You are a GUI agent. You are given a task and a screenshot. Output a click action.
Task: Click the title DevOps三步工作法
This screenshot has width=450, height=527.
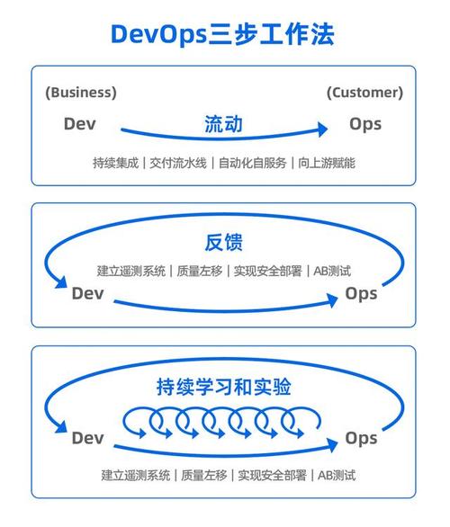222,34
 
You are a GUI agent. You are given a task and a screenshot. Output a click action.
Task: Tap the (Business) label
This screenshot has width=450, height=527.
81,93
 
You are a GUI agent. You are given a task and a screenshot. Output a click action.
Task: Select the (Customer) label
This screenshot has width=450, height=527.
364,93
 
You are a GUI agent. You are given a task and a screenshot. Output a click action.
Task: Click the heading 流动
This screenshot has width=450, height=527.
224,124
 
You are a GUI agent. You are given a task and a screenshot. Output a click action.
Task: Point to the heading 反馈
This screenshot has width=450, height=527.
224,242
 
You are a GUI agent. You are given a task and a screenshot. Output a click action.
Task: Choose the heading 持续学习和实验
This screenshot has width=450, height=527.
224,387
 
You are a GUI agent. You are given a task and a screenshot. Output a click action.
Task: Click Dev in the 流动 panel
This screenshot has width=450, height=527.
80,124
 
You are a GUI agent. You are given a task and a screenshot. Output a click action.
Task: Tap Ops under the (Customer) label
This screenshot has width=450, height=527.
365,124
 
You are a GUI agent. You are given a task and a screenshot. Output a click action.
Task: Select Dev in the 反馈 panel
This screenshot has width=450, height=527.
87,293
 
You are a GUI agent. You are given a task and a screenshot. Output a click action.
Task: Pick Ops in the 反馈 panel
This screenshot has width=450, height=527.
361,294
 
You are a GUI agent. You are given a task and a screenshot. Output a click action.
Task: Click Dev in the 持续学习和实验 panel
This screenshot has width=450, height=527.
87,438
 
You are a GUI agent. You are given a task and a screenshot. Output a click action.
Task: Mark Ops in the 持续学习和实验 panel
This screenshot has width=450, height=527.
361,439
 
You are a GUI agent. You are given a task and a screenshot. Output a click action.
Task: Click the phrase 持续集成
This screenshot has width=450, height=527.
116,163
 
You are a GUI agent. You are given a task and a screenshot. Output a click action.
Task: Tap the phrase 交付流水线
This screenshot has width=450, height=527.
178,163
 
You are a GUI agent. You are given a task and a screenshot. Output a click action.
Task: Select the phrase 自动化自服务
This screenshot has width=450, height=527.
252,163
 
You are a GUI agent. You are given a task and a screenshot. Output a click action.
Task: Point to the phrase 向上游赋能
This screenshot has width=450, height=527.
327,163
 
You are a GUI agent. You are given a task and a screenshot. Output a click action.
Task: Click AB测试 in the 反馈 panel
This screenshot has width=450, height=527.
332,271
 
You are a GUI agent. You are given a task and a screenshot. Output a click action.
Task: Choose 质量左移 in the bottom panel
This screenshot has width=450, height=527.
203,475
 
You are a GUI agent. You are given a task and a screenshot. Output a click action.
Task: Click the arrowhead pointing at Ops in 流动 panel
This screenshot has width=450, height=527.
323,130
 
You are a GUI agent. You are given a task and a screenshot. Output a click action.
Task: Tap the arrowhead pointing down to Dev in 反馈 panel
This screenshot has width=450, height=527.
61,282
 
